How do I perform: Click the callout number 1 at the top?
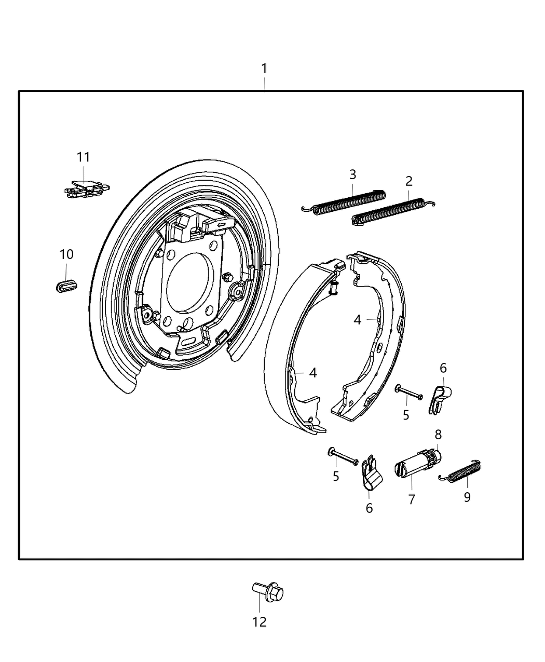264,69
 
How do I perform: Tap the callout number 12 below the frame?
260,622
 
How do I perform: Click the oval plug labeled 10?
65,285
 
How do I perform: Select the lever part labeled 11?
86,188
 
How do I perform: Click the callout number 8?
438,434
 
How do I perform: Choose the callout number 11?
84,157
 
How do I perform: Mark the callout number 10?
66,254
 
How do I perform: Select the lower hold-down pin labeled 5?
343,456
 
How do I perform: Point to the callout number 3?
352,174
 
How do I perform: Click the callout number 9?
467,497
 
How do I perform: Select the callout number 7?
412,499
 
